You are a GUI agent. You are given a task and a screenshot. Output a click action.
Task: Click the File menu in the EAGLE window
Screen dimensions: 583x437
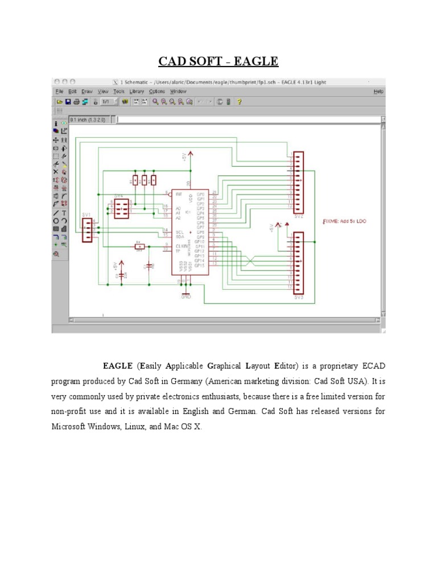(59, 91)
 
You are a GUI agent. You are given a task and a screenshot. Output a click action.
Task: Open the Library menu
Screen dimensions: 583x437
(137, 91)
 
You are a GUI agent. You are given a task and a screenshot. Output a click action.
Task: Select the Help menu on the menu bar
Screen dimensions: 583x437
(378, 91)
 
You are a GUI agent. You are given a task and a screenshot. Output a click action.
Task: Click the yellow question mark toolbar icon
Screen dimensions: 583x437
(240, 102)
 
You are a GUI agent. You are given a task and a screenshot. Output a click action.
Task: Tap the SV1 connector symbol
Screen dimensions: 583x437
(87, 229)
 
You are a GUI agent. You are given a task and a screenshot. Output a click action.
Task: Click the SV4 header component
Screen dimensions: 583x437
(120, 208)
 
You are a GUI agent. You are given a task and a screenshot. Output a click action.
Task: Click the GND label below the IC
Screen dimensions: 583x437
(185, 297)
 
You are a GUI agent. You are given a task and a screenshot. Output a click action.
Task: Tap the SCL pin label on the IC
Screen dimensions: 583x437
(179, 232)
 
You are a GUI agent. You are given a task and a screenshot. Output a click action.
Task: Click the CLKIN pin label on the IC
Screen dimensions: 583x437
(181, 245)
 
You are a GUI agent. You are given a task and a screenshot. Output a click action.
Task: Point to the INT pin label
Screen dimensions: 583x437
(179, 194)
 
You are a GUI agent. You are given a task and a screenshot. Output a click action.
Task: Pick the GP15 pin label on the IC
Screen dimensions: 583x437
(200, 265)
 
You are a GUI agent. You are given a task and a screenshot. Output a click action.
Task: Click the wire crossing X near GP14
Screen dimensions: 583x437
(250, 261)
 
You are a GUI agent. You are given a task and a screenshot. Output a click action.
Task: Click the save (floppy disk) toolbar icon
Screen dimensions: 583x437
(68, 102)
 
